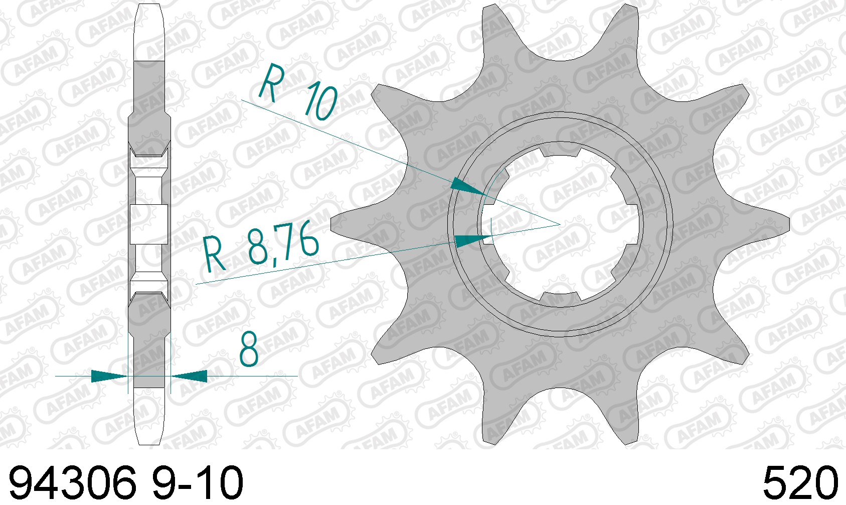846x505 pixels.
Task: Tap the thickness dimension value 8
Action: tap(249, 349)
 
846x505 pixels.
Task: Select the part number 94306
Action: tap(73, 483)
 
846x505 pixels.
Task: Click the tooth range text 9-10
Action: tap(198, 483)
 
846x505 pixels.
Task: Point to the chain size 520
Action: tap(800, 483)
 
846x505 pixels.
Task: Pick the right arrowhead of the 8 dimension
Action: tap(189, 376)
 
